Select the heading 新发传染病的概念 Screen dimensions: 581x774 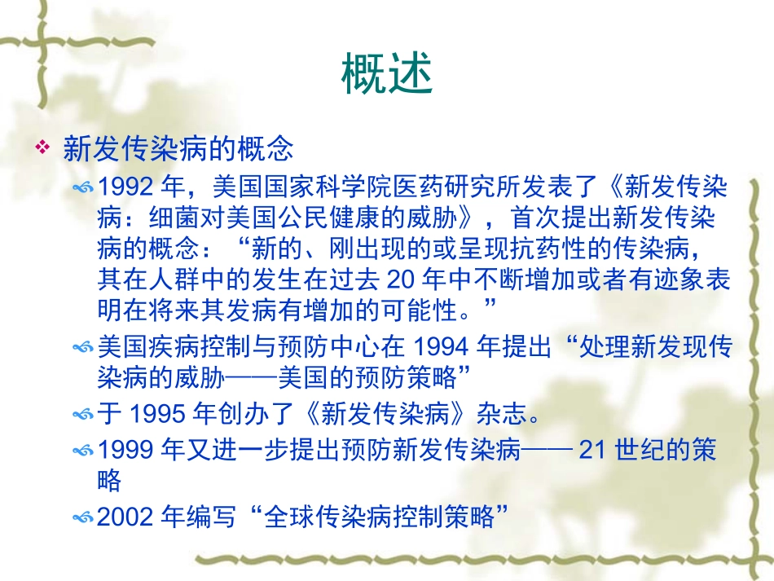point(178,148)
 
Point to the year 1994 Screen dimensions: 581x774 point(441,347)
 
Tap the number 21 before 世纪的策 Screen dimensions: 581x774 point(593,449)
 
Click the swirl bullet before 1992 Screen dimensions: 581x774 point(83,189)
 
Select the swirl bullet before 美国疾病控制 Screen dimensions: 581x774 point(83,348)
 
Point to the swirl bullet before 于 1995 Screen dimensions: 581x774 point(83,416)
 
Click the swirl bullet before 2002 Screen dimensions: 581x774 point(83,517)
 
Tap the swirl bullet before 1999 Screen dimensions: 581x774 point(83,450)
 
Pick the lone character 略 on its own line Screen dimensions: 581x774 point(109,481)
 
